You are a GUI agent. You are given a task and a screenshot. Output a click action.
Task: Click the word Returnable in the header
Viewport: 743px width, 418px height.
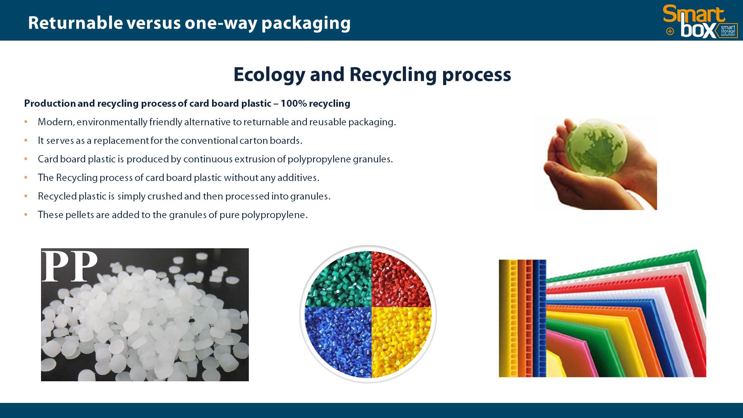tap(75, 23)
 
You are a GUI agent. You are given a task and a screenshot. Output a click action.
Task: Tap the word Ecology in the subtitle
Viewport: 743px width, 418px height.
tap(269, 75)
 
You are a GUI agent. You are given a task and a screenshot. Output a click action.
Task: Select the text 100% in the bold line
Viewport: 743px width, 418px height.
tap(293, 104)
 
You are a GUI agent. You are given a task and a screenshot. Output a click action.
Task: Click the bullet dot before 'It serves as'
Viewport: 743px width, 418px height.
tap(26, 140)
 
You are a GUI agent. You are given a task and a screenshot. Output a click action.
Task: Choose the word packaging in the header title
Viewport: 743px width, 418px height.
tap(306, 24)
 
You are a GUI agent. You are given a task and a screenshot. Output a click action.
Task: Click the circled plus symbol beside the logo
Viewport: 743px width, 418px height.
tap(670, 31)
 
